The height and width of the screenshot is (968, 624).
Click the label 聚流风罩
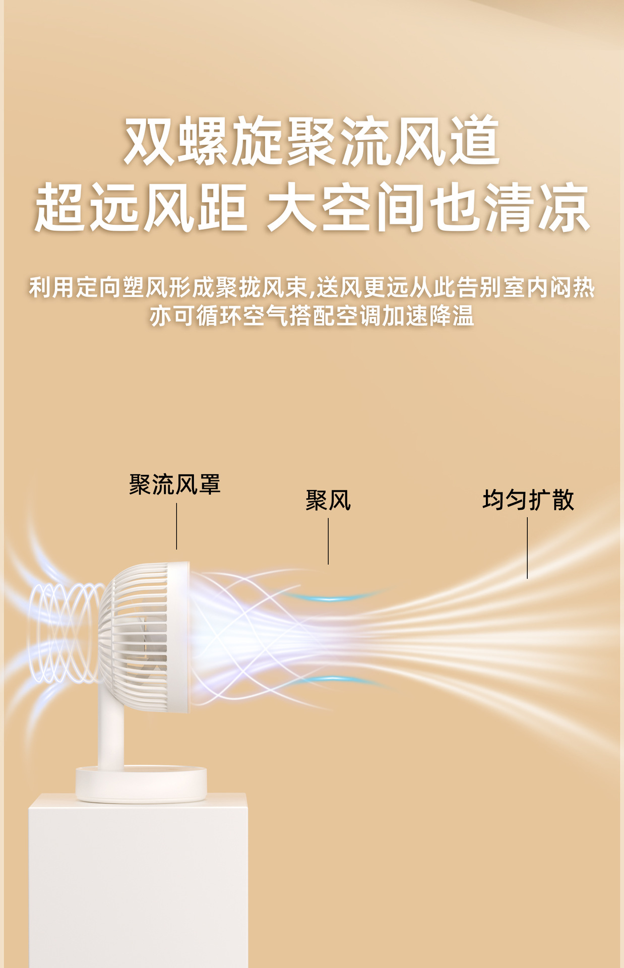click(x=175, y=485)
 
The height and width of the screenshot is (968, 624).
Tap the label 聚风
click(x=328, y=501)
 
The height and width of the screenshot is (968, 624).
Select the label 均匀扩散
click(x=528, y=500)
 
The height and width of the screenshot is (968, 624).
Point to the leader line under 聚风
click(x=328, y=541)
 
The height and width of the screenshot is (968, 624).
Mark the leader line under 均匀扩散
click(x=527, y=548)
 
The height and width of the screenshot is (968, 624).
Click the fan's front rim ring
click(x=181, y=637)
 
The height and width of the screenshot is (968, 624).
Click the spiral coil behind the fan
click(x=63, y=633)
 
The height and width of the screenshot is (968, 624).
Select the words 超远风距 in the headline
click(x=141, y=208)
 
